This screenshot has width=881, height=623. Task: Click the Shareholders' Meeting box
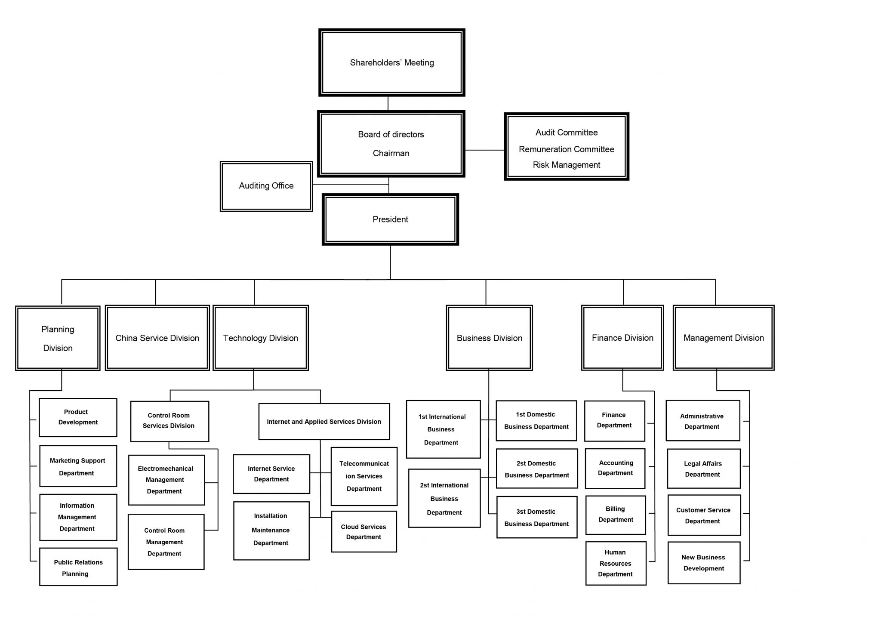coord(391,63)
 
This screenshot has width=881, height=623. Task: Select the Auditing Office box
coord(266,186)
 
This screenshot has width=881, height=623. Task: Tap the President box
coord(390,219)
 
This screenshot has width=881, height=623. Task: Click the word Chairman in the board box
coord(391,153)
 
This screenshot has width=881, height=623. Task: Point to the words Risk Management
coord(566,165)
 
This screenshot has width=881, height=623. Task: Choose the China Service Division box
coord(157,338)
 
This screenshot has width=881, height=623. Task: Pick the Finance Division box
coord(622,338)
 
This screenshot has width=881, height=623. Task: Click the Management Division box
coord(723,338)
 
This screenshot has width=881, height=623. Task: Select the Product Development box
coord(78,417)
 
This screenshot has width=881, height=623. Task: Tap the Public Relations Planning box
coord(78,567)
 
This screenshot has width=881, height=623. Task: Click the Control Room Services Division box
coord(169,421)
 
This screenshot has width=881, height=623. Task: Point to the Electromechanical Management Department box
coord(166,480)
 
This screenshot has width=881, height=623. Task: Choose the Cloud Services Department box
coord(363,532)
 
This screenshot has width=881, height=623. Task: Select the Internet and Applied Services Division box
coord(324,422)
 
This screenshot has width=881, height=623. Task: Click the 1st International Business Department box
coord(443,429)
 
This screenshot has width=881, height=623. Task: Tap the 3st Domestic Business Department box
coord(536,517)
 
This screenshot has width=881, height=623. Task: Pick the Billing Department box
coord(615,515)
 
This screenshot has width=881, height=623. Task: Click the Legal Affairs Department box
coord(703,469)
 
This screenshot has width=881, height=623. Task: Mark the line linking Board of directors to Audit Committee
coord(484,150)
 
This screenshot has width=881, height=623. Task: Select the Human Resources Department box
coord(616,563)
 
